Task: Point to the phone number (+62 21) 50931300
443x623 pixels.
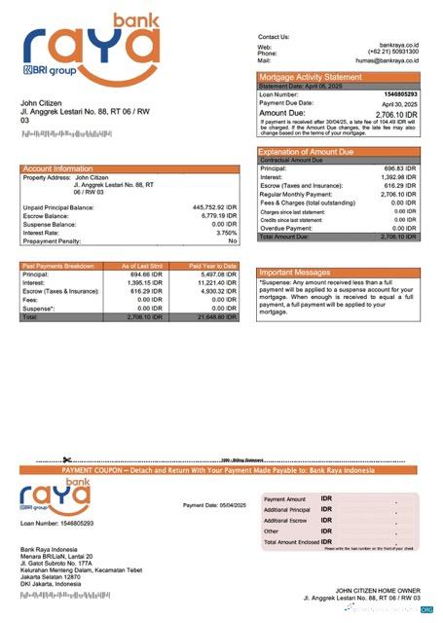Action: click(x=393, y=53)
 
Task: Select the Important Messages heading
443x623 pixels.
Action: click(x=296, y=273)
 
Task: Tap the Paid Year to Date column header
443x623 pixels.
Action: click(x=213, y=266)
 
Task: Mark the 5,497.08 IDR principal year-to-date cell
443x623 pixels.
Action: click(x=217, y=275)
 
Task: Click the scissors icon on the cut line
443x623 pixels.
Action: click(x=67, y=459)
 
